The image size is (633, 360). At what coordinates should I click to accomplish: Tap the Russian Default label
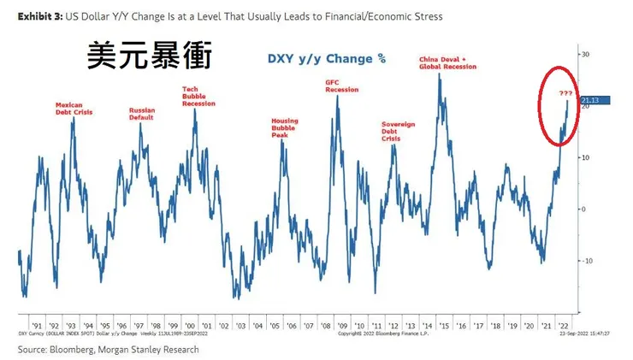click(142, 113)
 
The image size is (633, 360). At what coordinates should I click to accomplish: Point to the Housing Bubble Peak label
click(285, 127)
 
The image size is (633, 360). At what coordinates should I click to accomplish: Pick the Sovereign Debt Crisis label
click(398, 131)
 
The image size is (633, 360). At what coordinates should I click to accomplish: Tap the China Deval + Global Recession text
click(447, 62)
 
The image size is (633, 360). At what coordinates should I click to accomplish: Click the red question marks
click(565, 92)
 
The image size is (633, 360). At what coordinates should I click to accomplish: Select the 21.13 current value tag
click(593, 101)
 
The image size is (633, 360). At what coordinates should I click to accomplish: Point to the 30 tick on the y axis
click(586, 54)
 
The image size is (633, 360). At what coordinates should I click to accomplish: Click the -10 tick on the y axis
click(588, 261)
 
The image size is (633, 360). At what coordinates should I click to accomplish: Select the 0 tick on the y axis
click(584, 209)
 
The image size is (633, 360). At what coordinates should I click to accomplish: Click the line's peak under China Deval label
click(439, 74)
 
